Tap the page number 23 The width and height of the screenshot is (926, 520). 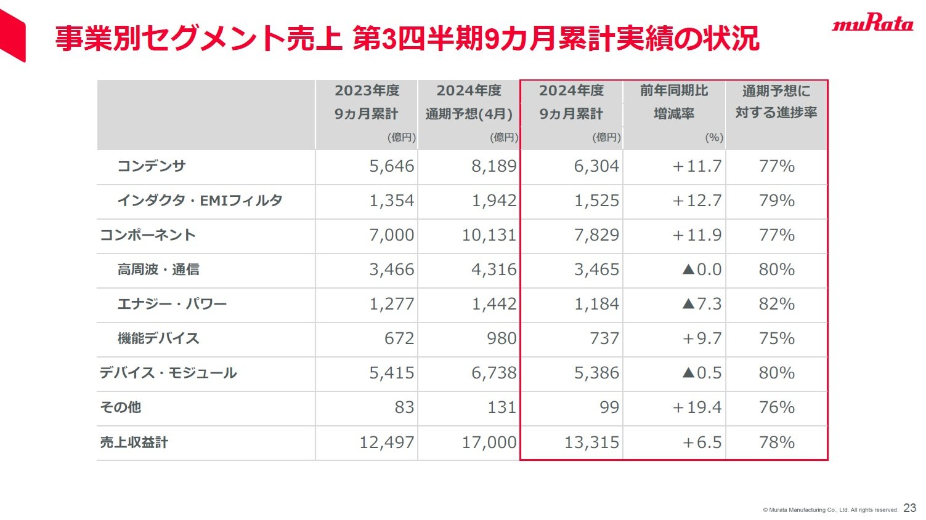click(x=909, y=508)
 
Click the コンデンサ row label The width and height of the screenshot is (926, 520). click(x=152, y=166)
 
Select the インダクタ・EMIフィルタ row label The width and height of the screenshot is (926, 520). click(x=200, y=201)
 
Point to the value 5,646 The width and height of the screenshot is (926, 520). click(x=391, y=166)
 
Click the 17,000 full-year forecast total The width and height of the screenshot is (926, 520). click(x=489, y=442)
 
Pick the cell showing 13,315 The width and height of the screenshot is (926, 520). click(x=591, y=442)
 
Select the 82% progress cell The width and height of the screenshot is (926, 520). click(x=776, y=304)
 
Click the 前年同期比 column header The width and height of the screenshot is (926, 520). click(x=674, y=91)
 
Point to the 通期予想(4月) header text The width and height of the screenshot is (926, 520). click(x=469, y=114)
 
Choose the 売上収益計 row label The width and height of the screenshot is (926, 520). click(x=134, y=442)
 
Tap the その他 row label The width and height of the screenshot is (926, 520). click(x=120, y=407)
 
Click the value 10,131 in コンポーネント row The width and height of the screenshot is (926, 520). click(x=489, y=235)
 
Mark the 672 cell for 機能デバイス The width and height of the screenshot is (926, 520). click(x=399, y=338)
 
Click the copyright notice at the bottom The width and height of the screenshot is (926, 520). click(x=830, y=510)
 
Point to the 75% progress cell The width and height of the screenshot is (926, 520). click(x=776, y=338)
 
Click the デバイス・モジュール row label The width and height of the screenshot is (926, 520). click(x=168, y=373)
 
